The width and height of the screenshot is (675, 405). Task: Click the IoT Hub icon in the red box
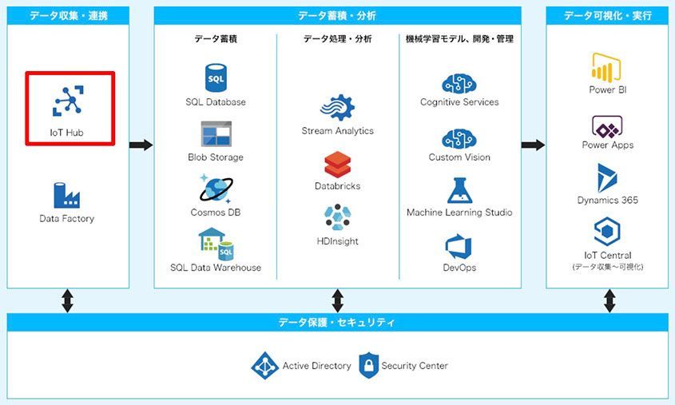tap(68, 101)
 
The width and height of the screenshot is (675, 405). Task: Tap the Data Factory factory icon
tap(67, 195)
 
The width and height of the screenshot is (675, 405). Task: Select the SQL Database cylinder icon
tap(216, 78)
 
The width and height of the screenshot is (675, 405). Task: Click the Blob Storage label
tap(216, 157)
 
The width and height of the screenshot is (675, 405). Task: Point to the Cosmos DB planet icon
tap(216, 189)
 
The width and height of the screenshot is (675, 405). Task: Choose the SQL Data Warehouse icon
tap(216, 244)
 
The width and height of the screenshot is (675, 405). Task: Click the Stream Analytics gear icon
tap(337, 107)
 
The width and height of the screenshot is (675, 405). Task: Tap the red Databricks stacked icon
tap(337, 165)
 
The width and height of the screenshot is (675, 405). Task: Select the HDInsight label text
tap(337, 241)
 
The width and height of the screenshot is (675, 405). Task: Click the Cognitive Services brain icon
tap(459, 84)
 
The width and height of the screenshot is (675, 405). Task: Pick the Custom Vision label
tap(459, 157)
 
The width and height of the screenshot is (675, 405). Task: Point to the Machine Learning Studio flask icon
tap(459, 190)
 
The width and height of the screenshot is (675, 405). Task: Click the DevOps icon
tap(459, 247)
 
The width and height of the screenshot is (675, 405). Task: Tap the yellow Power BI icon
tap(606, 68)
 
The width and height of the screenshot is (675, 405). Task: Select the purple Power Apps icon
tap(607, 126)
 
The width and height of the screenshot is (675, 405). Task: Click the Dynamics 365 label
tap(607, 201)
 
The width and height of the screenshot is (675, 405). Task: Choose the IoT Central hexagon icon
tap(607, 232)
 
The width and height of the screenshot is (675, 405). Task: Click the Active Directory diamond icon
tap(264, 366)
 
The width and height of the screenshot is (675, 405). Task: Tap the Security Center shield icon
tap(369, 365)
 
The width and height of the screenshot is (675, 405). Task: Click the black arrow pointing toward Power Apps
tap(533, 145)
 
